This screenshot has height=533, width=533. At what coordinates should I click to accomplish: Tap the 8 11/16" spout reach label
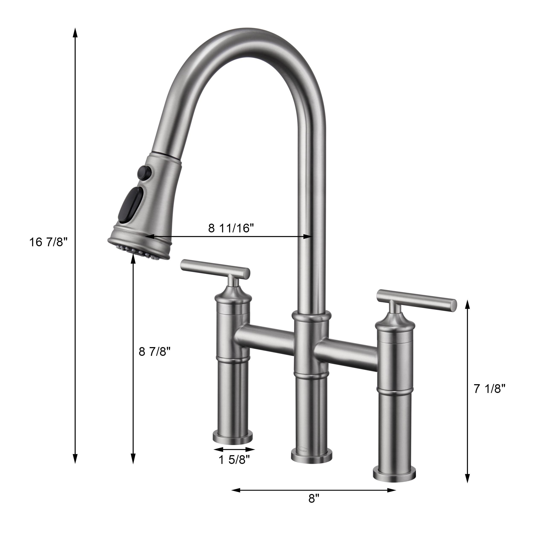tap(231, 228)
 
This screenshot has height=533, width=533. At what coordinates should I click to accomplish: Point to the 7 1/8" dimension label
tap(490, 389)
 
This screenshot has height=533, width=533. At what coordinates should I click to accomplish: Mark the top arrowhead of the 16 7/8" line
tap(75, 32)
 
